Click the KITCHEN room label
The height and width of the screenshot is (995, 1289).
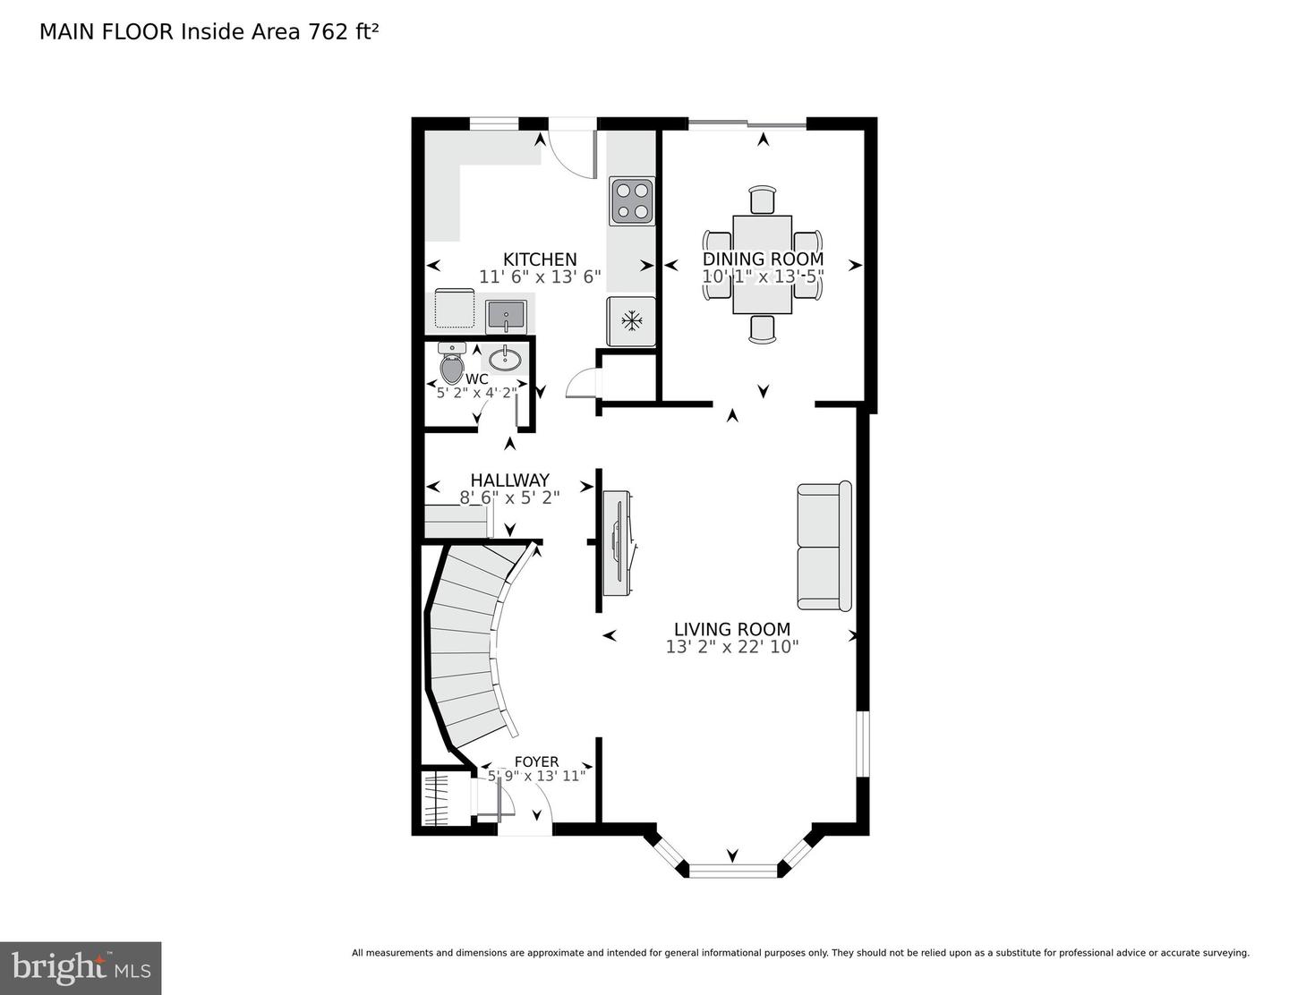coord(539,259)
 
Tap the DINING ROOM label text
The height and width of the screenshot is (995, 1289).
coord(763,259)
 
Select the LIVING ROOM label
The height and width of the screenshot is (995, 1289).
coord(731,629)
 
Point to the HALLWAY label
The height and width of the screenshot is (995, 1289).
coord(509,480)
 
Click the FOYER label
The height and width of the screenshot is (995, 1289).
coord(536,761)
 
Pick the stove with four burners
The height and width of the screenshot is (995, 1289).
coord(631,200)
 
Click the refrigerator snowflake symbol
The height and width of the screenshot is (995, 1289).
coord(632,320)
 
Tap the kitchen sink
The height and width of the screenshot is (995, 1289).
coord(506,316)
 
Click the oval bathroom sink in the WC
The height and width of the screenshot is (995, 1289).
coord(506,360)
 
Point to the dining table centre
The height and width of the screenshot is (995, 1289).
coord(762,265)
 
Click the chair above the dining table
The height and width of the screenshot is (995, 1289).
coord(762,200)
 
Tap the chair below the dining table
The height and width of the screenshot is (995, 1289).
coord(762,328)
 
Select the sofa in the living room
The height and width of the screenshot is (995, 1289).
coord(824,546)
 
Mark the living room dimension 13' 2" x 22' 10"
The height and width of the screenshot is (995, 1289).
coord(731,647)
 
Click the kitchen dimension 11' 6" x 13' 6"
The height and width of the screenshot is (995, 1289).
coord(539,277)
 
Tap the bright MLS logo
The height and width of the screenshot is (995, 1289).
coord(81,968)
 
